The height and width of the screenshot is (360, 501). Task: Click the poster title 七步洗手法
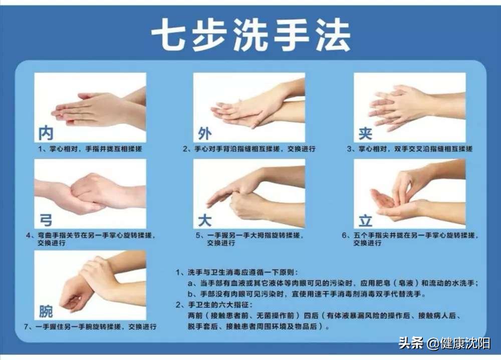pos(250,35)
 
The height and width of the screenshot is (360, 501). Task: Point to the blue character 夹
pos(365,133)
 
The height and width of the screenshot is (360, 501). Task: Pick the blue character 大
pos(204,219)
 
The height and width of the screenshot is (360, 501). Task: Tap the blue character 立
pos(365,219)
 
